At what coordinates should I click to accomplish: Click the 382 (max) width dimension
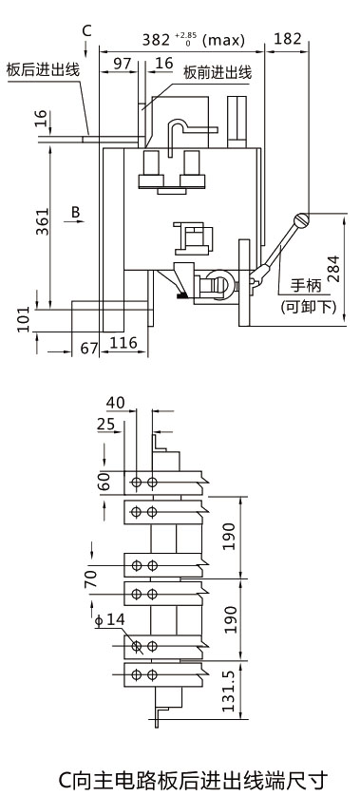(193, 40)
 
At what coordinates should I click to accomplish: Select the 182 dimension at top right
(288, 39)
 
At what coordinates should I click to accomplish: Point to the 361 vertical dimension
(43, 221)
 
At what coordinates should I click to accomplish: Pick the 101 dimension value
(24, 318)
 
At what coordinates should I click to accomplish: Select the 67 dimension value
(89, 349)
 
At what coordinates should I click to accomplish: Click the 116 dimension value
(123, 343)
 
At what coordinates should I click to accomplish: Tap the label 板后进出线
(43, 69)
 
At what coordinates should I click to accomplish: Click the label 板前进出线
(218, 73)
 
